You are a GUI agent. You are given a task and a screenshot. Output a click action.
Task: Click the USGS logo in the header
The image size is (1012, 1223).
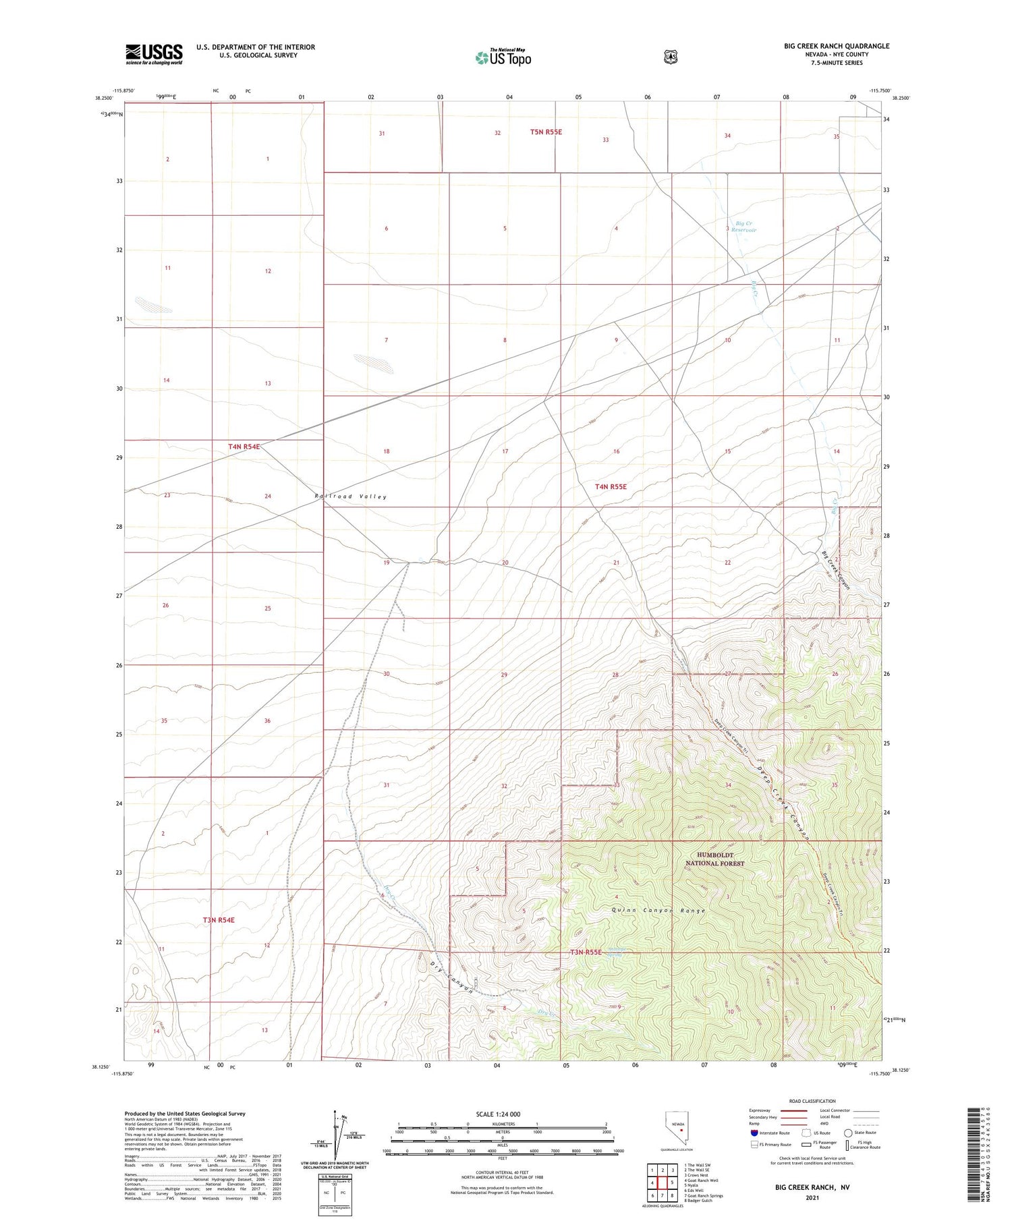pos(154,54)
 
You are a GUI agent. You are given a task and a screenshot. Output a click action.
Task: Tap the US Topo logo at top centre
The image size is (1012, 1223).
pos(503,57)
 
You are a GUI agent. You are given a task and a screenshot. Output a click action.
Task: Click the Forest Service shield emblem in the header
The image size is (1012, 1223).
pos(669,57)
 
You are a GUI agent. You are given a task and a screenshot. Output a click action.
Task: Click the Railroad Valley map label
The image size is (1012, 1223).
pos(350,496)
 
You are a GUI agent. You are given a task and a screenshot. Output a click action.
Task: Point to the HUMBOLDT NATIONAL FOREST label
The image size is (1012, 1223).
pos(715,859)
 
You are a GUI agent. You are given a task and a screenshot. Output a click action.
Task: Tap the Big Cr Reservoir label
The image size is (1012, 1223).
pos(745,227)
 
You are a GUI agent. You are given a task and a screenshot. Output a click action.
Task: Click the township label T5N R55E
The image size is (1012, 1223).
pos(545,132)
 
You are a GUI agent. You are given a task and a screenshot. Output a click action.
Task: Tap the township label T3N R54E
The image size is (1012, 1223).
pos(219,919)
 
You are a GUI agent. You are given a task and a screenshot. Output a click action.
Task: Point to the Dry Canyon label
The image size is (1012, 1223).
pos(450,975)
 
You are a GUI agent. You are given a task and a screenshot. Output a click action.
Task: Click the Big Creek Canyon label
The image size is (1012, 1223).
pos(836,571)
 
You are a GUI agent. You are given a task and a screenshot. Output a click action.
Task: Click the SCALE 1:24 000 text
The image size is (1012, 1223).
pos(498,1114)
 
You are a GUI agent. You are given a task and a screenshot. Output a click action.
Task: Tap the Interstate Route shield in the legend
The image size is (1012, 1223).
pos(754,1133)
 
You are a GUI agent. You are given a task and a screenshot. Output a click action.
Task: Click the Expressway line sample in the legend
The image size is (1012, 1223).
pos(794,1110)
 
